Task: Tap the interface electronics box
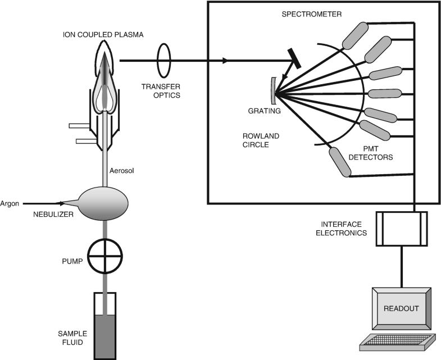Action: click(x=401, y=229)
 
